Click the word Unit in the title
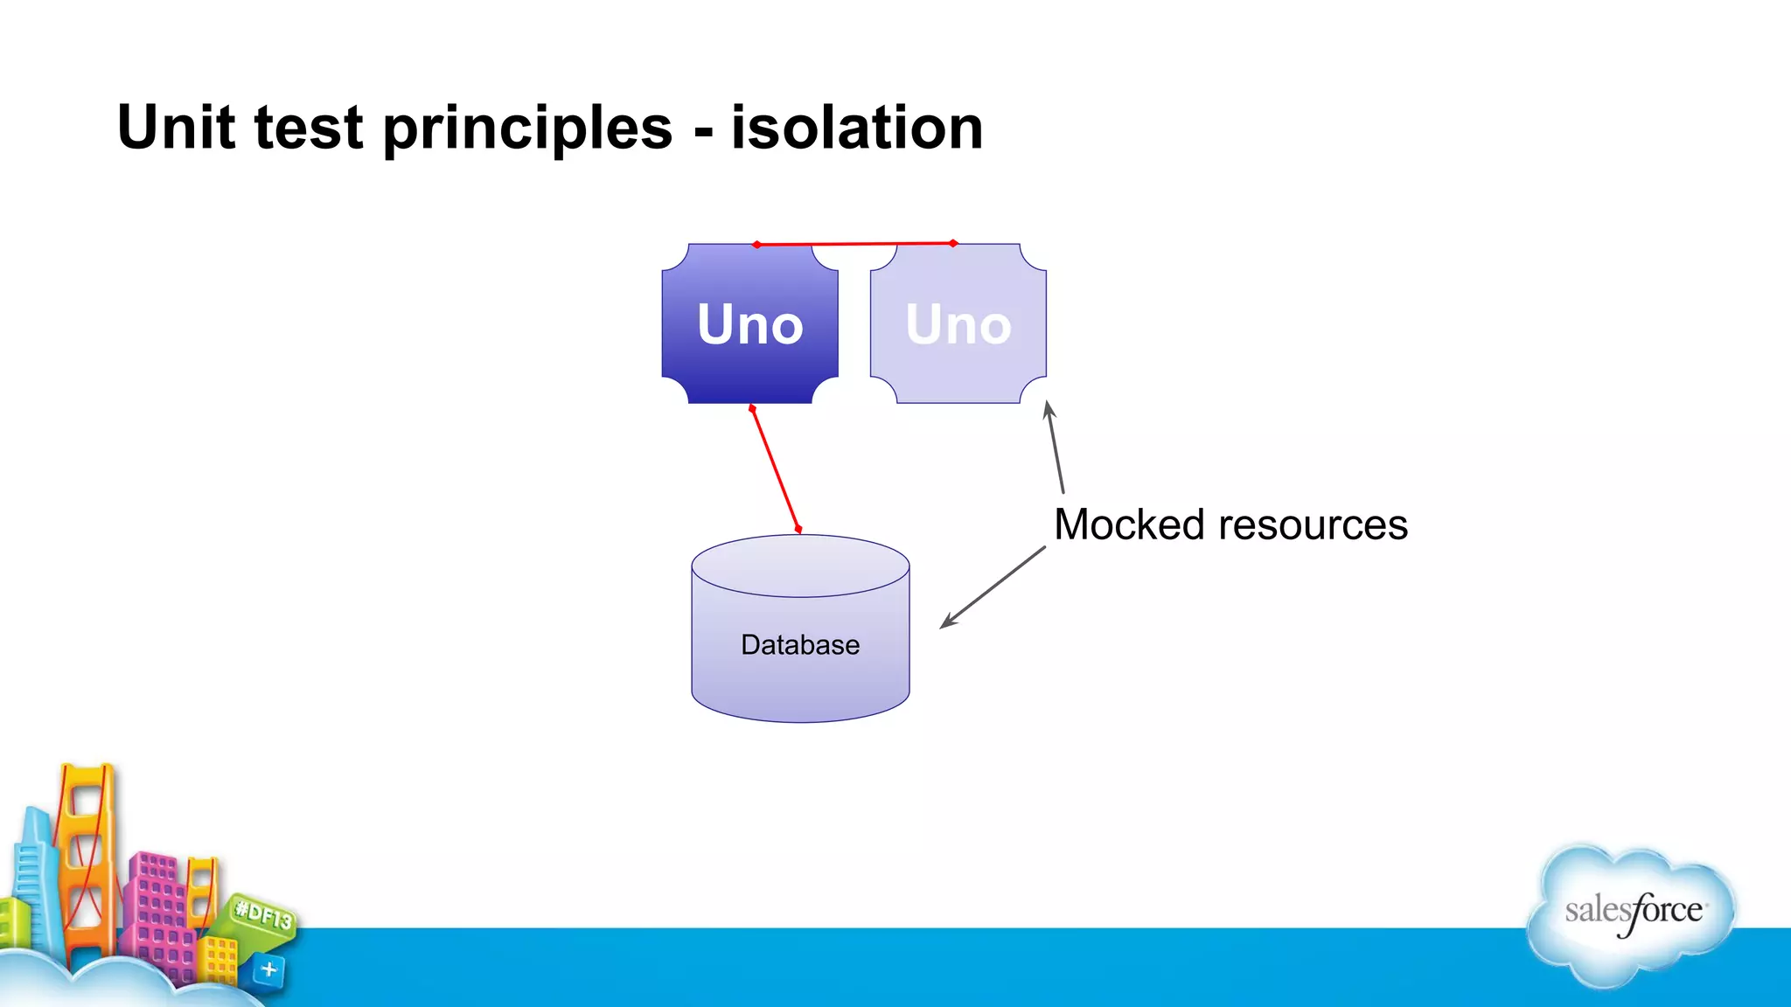(175, 128)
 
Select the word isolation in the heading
(857, 128)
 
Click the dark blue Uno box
(749, 324)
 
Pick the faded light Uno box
(958, 324)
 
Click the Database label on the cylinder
(799, 645)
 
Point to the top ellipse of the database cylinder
(799, 566)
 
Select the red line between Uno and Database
(775, 469)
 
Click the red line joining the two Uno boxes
(854, 244)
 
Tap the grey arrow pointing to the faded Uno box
(1056, 448)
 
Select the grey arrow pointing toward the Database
(993, 587)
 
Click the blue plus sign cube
(268, 969)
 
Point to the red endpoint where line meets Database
(798, 529)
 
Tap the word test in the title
(308, 128)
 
